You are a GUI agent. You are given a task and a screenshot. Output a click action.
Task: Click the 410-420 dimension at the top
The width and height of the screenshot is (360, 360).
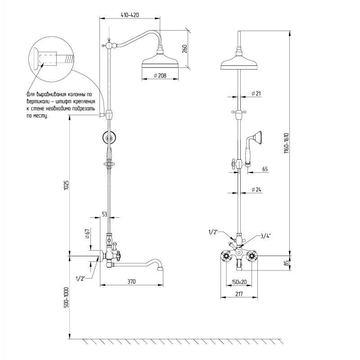[130, 15]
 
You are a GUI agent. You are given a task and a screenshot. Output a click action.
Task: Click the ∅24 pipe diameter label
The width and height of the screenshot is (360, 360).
[256, 189]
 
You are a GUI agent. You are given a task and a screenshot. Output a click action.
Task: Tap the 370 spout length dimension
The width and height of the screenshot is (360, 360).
[131, 281]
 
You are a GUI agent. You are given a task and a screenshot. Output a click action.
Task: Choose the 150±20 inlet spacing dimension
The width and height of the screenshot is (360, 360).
[239, 282]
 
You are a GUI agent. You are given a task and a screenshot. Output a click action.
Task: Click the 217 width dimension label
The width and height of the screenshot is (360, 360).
[239, 294]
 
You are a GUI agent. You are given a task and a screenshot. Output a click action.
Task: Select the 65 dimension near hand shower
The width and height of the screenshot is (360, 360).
[264, 169]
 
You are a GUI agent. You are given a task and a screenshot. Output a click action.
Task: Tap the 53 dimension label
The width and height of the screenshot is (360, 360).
[104, 215]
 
